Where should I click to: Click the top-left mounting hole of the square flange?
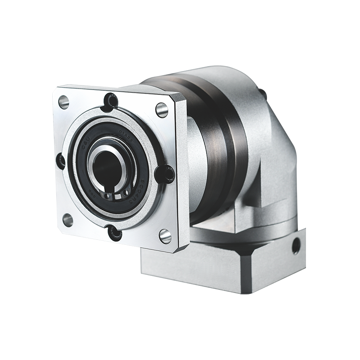64,102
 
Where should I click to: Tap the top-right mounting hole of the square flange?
162,109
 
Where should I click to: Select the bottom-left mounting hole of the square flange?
67,220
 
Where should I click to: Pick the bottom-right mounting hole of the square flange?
165,236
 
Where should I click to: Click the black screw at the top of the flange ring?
110,101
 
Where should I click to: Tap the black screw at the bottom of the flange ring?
115,233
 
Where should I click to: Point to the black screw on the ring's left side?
60,161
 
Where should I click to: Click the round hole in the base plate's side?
296,246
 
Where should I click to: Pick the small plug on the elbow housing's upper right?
260,89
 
